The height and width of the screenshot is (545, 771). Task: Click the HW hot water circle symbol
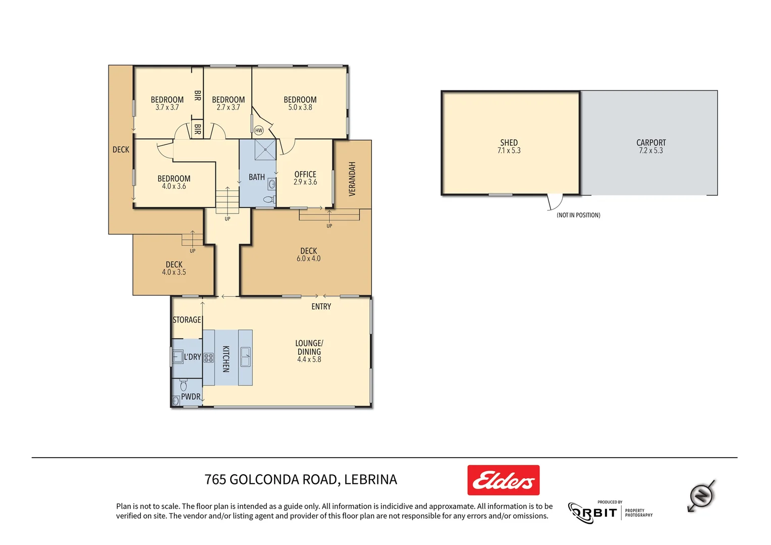(259, 130)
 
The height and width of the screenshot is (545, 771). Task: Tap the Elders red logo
(503, 480)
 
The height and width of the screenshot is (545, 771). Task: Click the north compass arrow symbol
(701, 496)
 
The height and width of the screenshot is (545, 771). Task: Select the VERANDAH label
(352, 179)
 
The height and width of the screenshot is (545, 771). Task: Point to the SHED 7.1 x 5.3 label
(509, 146)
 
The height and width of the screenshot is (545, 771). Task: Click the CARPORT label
(651, 143)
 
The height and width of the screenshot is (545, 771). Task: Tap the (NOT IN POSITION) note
(578, 215)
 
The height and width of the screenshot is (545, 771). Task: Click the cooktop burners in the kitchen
(208, 358)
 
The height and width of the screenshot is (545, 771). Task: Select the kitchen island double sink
(245, 357)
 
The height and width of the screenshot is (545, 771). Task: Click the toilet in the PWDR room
(183, 386)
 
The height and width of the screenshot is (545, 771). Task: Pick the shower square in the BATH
(265, 150)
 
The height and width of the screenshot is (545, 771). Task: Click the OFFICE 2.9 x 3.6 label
(305, 178)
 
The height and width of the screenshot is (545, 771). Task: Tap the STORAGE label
(187, 320)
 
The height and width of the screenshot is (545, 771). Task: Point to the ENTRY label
(321, 307)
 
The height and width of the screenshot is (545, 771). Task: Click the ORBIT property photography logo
(610, 513)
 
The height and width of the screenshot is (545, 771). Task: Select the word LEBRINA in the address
(370, 479)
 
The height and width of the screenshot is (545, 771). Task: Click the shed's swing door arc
(555, 202)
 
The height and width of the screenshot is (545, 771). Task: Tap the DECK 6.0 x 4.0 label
(308, 254)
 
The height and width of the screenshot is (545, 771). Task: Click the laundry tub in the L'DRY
(178, 357)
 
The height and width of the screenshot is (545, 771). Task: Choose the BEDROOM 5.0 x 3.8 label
(300, 103)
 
